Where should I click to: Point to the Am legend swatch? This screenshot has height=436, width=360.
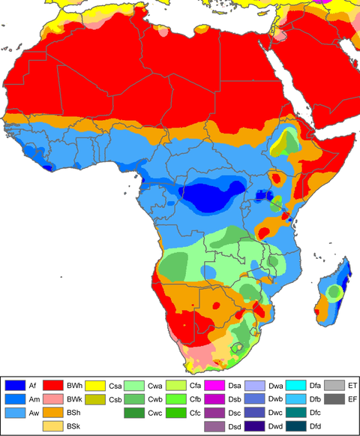pyautogui.click(x=15, y=398)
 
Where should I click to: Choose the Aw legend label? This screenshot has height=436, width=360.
pyautogui.click(x=34, y=413)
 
